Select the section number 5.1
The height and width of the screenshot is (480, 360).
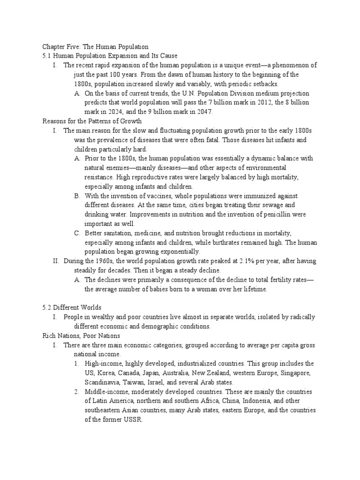pyautogui.click(x=47, y=56)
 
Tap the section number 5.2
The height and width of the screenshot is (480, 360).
pyautogui.click(x=47, y=307)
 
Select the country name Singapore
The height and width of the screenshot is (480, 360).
pyautogui.click(x=298, y=373)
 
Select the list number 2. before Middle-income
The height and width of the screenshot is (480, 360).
pyautogui.click(x=77, y=391)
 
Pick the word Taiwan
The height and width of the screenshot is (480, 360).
pyautogui.click(x=134, y=382)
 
